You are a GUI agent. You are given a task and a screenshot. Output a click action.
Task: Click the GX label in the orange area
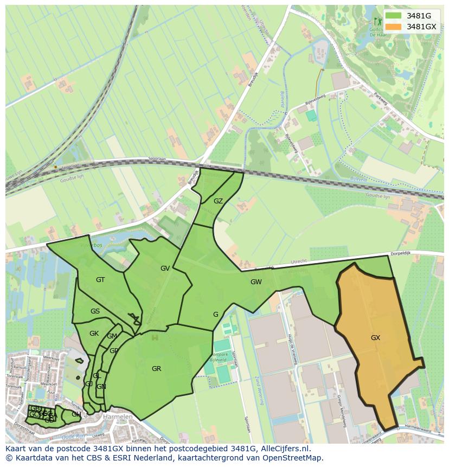point(375,337)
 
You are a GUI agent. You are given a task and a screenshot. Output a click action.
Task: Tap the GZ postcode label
point(218,201)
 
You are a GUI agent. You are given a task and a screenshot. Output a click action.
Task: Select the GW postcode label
point(256,282)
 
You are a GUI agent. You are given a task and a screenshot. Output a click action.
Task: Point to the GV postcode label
point(165,268)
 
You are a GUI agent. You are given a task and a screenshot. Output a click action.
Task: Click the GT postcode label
point(100,279)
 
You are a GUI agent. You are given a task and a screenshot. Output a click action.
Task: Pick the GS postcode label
point(95,311)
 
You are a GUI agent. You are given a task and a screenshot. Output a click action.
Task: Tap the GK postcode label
point(94,333)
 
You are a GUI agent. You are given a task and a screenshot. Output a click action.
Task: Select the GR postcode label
point(156,368)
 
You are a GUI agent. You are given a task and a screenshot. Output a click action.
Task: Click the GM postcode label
point(112,336)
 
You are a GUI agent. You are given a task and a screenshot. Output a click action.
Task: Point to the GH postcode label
point(76,414)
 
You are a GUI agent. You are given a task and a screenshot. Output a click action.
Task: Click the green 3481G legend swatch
point(394,16)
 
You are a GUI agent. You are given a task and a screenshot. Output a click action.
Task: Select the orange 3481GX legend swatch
point(394,27)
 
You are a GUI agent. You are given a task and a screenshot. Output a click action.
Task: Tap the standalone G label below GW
point(215,314)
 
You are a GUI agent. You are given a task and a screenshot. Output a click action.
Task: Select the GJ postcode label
point(88,383)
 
